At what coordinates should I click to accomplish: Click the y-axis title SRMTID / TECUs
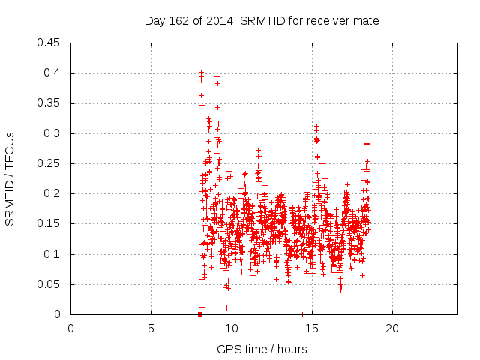[10, 178]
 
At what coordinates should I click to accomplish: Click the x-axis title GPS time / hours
[262, 349]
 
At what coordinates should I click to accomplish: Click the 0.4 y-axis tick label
[54, 73]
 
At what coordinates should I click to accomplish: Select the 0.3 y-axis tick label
[54, 133]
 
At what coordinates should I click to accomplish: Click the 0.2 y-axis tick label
[54, 193]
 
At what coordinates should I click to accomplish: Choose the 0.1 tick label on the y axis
[54, 254]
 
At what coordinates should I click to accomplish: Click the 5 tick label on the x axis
[151, 328]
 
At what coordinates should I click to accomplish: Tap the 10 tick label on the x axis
[232, 328]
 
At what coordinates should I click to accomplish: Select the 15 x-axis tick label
[312, 328]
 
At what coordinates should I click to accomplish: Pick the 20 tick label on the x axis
[392, 328]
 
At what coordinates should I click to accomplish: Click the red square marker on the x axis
[199, 314]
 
